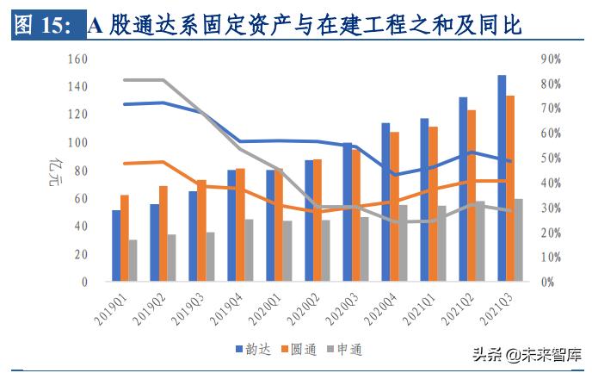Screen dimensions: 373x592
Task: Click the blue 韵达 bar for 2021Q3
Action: [x=501, y=178]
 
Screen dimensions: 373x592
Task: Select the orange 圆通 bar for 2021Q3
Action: [x=510, y=189]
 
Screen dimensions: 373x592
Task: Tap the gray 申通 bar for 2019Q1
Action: [x=133, y=260]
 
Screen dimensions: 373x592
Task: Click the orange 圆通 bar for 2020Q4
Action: [x=394, y=207]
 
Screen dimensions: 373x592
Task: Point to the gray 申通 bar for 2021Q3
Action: [x=519, y=240]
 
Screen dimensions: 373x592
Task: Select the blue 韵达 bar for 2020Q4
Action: [x=385, y=202]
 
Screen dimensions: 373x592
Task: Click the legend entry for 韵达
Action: [x=254, y=349]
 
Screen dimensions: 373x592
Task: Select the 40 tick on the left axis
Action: [x=81, y=226]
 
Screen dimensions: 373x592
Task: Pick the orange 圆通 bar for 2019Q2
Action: [x=163, y=233]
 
